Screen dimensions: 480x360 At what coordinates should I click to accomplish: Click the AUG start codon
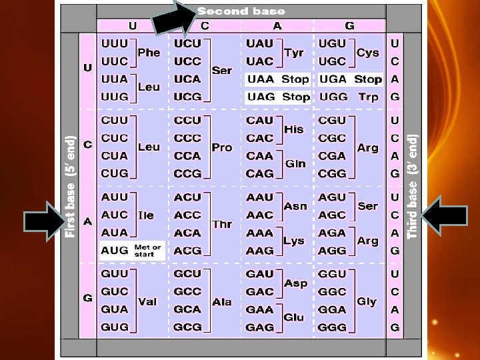click(x=114, y=251)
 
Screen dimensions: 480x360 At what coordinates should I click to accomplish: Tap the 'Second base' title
click(x=241, y=11)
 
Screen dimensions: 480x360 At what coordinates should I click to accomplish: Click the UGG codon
click(x=333, y=97)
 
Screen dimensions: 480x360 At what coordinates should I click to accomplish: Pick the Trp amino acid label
click(x=368, y=97)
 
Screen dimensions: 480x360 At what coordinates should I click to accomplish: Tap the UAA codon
click(x=260, y=79)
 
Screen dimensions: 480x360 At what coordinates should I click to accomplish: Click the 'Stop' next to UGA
click(x=368, y=79)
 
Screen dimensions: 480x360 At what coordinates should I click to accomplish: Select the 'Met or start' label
click(x=147, y=251)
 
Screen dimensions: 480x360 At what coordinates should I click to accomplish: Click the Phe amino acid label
click(x=149, y=53)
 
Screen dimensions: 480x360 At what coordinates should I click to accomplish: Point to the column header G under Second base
click(x=349, y=26)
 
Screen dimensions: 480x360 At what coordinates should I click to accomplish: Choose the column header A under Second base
click(x=277, y=26)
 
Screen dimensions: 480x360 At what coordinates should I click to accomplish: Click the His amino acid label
click(x=294, y=129)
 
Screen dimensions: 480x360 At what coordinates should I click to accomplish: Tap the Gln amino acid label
click(x=295, y=164)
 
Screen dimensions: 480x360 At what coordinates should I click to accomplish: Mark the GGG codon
click(x=333, y=327)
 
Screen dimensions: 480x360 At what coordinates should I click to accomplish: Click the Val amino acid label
click(x=147, y=302)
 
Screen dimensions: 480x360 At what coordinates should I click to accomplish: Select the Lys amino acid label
click(x=294, y=241)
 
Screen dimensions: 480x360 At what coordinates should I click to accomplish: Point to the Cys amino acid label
click(x=368, y=53)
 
